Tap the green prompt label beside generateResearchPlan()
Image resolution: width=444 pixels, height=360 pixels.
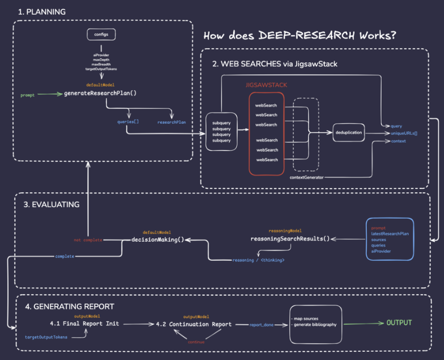pos(28,95)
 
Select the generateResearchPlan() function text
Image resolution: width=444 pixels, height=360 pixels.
pos(100,94)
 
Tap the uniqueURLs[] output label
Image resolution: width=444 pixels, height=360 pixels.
pos(404,133)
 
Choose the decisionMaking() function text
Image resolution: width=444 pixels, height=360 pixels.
pos(158,239)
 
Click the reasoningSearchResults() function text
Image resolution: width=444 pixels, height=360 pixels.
pos(290,239)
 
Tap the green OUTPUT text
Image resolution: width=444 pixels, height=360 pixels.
pos(398,323)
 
